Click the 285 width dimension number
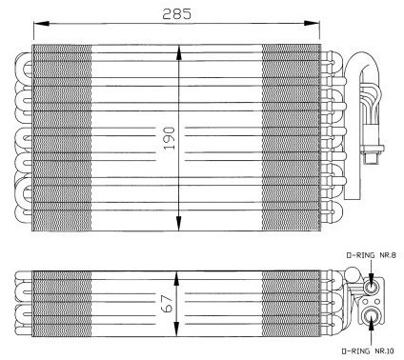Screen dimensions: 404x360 (176, 14)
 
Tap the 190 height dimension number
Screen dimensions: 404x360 (169, 138)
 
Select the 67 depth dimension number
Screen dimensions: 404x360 (169, 304)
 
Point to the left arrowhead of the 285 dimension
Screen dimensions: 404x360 (41, 24)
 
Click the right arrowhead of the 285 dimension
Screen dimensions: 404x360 (312, 23)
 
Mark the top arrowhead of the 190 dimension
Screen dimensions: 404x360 (179, 52)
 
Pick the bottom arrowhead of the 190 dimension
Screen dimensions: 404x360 (179, 223)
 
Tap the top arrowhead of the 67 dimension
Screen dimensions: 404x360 (176, 279)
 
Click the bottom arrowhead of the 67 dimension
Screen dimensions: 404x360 (176, 329)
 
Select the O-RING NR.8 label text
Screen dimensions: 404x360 (371, 255)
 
